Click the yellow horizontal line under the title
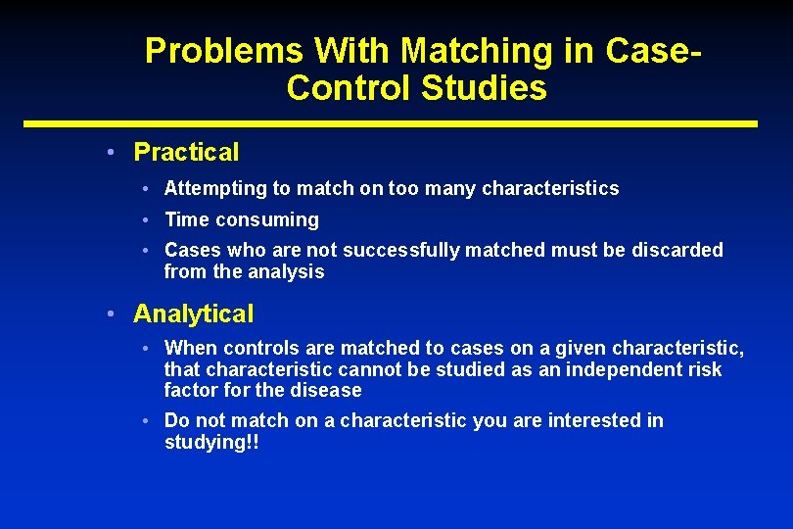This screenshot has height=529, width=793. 391,124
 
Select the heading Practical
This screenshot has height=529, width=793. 186,153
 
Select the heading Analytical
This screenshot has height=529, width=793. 193,314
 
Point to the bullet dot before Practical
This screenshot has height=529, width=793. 114,153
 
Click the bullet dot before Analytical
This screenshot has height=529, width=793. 114,314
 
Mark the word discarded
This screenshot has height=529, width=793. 679,251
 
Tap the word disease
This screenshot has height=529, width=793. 329,391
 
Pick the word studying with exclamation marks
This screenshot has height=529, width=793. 211,443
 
